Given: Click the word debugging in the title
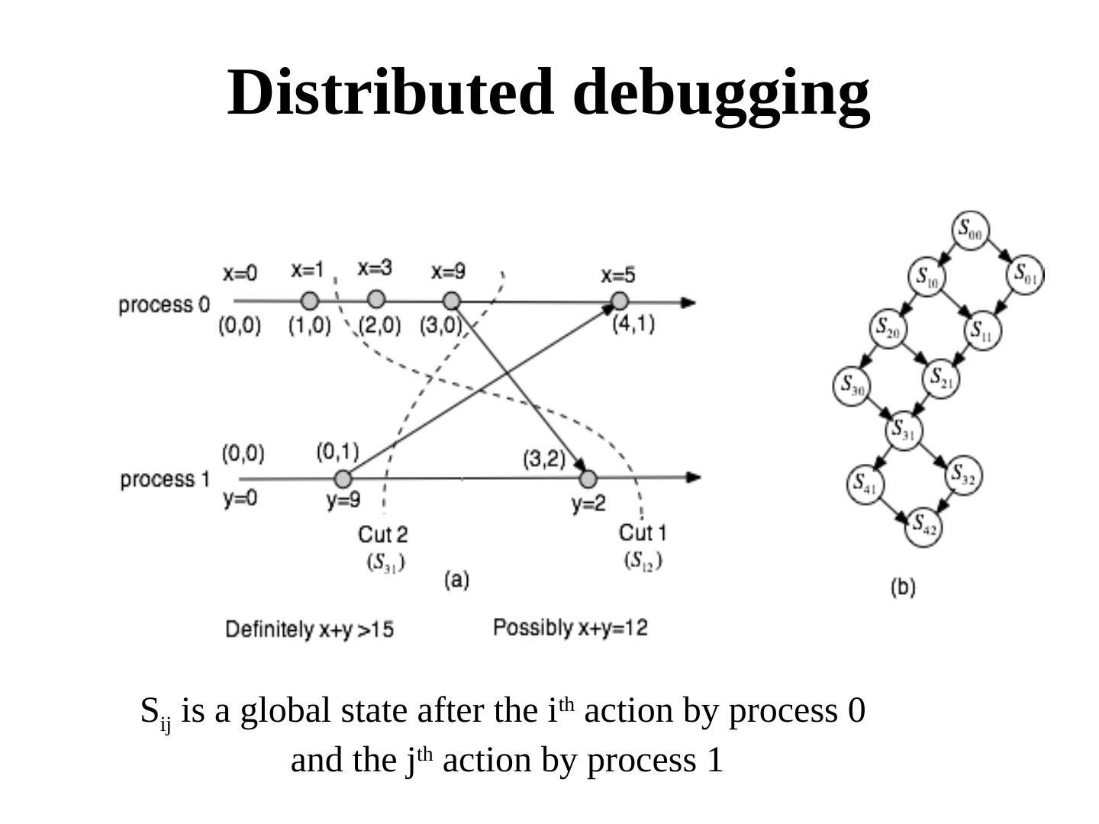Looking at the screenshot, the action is [x=721, y=94].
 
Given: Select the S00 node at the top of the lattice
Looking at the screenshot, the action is [x=970, y=230].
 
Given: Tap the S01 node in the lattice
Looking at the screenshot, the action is [x=1025, y=275].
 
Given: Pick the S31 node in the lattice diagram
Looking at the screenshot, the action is [x=904, y=430].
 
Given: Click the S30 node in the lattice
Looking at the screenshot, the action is [x=852, y=385].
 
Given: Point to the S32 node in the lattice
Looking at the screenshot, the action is [x=963, y=476].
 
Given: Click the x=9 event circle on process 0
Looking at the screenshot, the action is [x=452, y=301].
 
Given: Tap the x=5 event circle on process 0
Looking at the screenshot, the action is [x=620, y=301].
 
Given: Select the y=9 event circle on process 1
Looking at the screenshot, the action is [x=343, y=479].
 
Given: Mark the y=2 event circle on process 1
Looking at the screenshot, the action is [x=588, y=479].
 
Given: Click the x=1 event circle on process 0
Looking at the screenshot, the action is [x=309, y=301].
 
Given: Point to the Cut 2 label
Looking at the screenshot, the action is [x=383, y=533].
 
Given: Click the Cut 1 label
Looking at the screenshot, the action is [x=642, y=532].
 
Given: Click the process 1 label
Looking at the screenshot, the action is [x=165, y=479].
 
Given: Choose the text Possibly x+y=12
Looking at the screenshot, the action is [x=570, y=628].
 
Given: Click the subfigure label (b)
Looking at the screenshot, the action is [x=903, y=587].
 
